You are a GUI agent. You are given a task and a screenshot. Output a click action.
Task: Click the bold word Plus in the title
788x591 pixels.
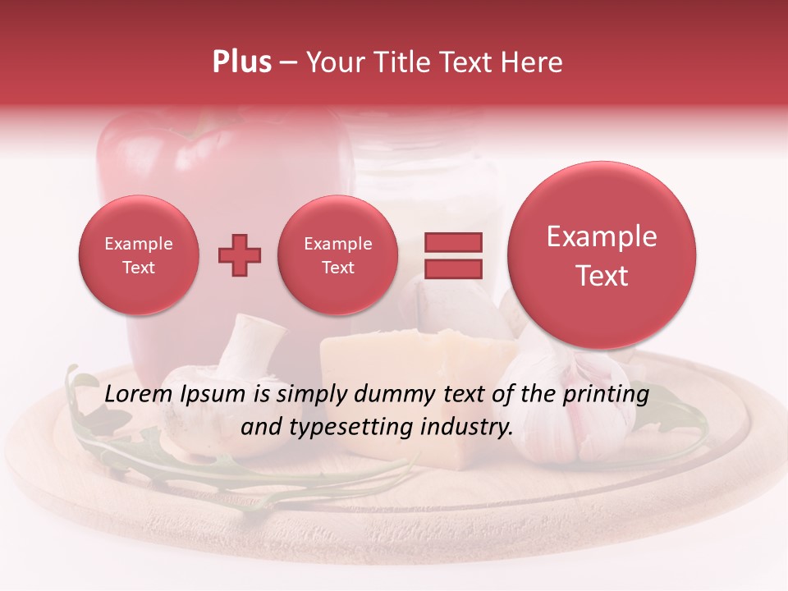[x=241, y=62]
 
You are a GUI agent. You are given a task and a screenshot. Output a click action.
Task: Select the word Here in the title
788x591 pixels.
[x=532, y=62]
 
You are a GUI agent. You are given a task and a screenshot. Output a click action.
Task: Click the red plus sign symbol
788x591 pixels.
[x=239, y=255]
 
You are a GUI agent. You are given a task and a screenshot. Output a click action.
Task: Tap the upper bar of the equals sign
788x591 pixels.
[x=453, y=241]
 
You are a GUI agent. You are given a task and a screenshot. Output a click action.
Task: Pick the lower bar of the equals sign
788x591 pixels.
[x=453, y=268]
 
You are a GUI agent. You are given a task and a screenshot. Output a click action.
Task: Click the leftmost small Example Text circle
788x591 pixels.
[x=138, y=255]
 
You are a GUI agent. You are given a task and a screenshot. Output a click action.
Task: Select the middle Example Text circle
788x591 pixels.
[x=337, y=255]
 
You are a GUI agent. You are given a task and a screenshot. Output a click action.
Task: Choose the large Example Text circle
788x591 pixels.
[x=602, y=255]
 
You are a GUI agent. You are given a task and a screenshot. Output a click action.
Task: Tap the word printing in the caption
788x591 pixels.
[x=606, y=395]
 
